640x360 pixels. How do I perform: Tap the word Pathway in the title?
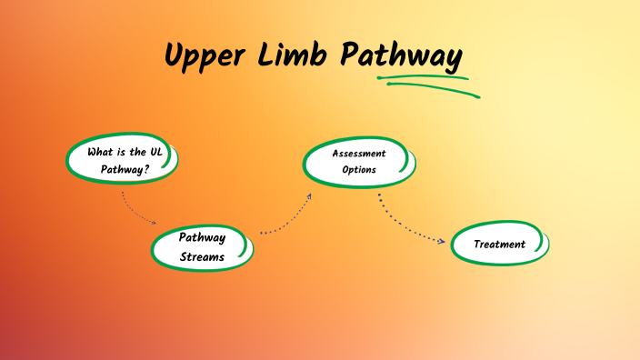click(x=401, y=56)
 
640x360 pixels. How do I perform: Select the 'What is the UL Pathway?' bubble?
click(x=122, y=160)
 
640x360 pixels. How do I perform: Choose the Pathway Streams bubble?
click(x=201, y=246)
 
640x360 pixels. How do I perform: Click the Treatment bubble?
click(x=500, y=244)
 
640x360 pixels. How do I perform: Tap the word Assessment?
click(x=359, y=154)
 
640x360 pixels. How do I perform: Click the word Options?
click(x=359, y=170)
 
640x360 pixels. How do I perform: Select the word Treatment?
click(x=500, y=244)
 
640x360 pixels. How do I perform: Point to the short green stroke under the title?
click(x=424, y=76)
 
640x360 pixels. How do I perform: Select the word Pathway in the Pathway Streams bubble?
click(x=201, y=237)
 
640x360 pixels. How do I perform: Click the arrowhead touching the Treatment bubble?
click(x=443, y=241)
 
